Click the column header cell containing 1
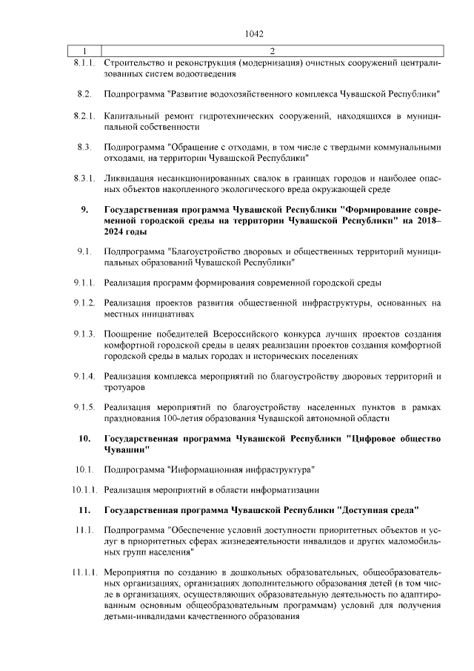(x=84, y=50)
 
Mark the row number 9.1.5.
(x=84, y=407)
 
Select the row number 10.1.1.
(x=84, y=489)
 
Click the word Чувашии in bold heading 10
(x=127, y=449)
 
